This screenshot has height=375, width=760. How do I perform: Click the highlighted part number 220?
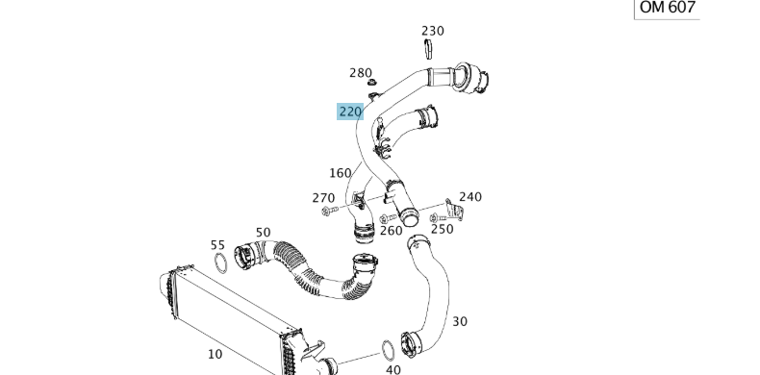[349, 112]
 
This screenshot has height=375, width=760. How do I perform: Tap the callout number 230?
[433, 31]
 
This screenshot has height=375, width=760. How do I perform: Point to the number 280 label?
[360, 73]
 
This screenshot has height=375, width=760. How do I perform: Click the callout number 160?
[340, 173]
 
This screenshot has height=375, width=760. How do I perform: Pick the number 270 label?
[323, 198]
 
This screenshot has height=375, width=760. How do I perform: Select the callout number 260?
[391, 231]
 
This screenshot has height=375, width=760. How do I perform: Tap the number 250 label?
[442, 229]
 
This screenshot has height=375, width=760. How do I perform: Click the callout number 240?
[469, 197]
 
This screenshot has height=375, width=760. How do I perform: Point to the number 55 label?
[217, 246]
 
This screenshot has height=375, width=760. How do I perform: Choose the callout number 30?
[460, 321]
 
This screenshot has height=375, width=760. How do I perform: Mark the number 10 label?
[215, 354]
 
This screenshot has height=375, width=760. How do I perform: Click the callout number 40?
[393, 368]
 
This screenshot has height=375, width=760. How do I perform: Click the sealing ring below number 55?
[220, 263]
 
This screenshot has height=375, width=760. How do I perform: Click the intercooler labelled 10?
[226, 317]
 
